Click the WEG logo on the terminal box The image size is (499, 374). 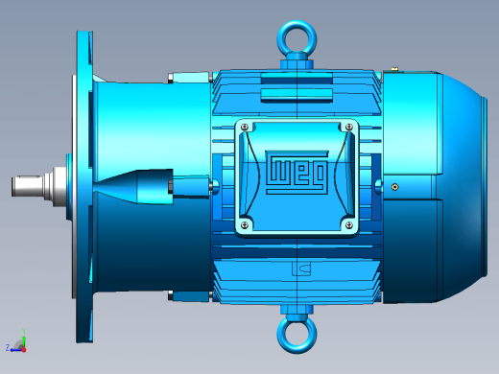click(297, 173)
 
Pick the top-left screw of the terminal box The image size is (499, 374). click(245, 128)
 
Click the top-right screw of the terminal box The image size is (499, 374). click(349, 128)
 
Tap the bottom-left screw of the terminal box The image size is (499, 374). click(245, 225)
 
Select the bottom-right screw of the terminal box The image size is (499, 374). click(349, 225)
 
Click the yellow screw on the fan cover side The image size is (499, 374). click(395, 187)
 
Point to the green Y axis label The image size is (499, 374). click(24, 331)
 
